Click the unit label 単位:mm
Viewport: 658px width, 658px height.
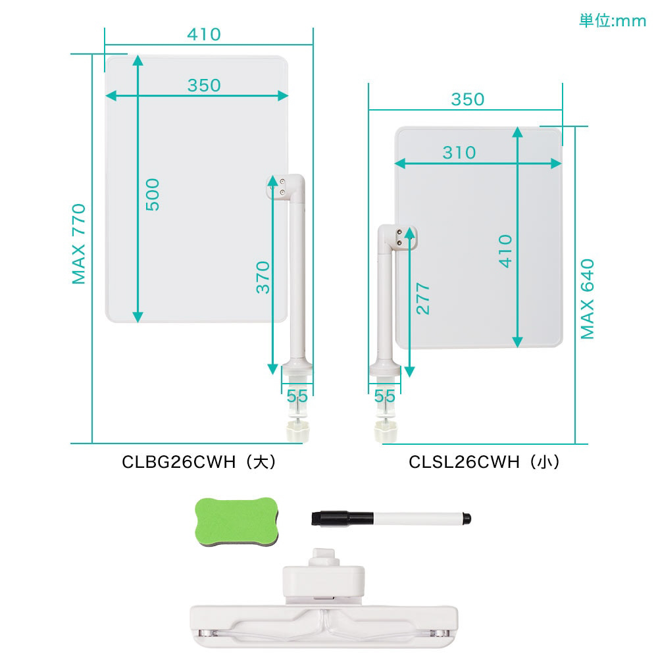[x=612, y=21]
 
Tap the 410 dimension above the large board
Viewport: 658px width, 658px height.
[x=204, y=34]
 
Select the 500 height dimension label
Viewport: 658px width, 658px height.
[x=153, y=194]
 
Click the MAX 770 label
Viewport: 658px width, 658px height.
[x=79, y=244]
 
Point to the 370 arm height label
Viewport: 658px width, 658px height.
[x=263, y=277]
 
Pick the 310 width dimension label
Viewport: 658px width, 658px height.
[x=459, y=153]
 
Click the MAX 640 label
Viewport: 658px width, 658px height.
[x=588, y=299]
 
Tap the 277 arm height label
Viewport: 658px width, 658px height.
[x=423, y=299]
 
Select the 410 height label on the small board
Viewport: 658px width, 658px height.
[x=505, y=251]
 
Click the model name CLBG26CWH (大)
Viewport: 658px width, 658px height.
[x=199, y=462]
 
